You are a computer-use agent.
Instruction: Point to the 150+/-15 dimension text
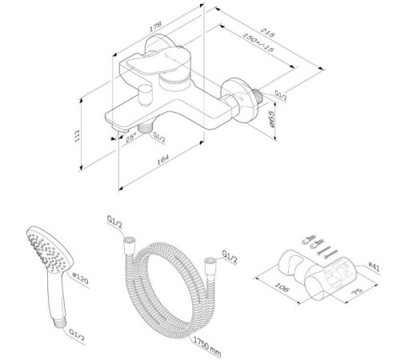(259, 46)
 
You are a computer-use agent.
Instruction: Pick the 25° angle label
(131, 138)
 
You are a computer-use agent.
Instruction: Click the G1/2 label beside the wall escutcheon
(282, 95)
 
